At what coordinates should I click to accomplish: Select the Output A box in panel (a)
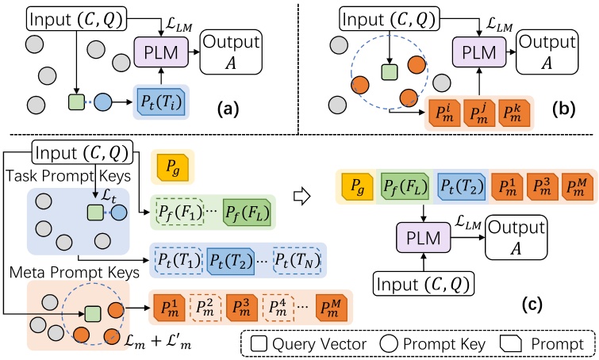pos(234,53)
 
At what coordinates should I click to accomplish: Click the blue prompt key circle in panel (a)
pos(105,102)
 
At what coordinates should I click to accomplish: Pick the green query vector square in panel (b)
pos(389,74)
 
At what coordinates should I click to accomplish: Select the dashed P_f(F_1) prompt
pos(179,212)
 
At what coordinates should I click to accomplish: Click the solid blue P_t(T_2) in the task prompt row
pos(232,259)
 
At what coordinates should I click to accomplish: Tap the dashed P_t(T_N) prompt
pos(299,259)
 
